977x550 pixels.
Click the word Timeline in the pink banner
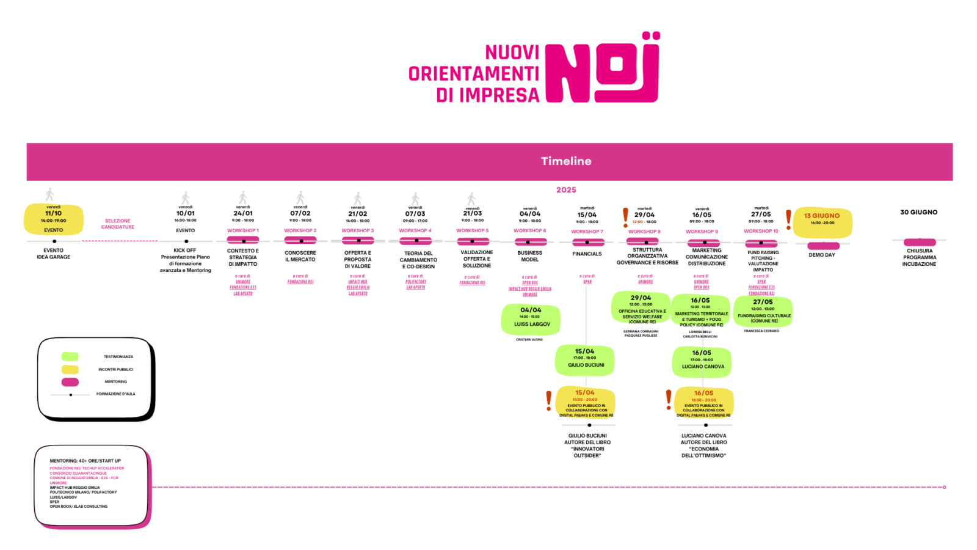click(x=566, y=161)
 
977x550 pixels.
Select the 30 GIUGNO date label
click(x=918, y=213)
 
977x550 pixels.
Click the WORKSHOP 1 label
click(x=243, y=231)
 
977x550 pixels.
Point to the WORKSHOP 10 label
click(x=761, y=232)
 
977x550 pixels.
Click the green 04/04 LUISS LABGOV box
click(x=531, y=319)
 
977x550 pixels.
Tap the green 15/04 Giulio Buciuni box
click(x=585, y=359)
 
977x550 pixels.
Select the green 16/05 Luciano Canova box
click(x=702, y=361)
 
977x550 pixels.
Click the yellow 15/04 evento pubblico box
click(x=586, y=403)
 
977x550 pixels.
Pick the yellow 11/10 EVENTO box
click(x=54, y=220)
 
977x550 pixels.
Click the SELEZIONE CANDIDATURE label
click(x=118, y=224)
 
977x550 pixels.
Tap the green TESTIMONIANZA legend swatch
click(x=70, y=357)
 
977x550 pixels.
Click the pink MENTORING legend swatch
click(x=70, y=382)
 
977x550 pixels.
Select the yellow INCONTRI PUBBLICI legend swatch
click(x=70, y=370)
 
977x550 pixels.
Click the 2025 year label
click(x=566, y=190)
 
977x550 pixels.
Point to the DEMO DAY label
click(x=822, y=255)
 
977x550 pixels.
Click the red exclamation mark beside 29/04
click(x=625, y=217)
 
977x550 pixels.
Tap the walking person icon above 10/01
click(x=186, y=198)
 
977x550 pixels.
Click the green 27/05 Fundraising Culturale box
click(x=763, y=311)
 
